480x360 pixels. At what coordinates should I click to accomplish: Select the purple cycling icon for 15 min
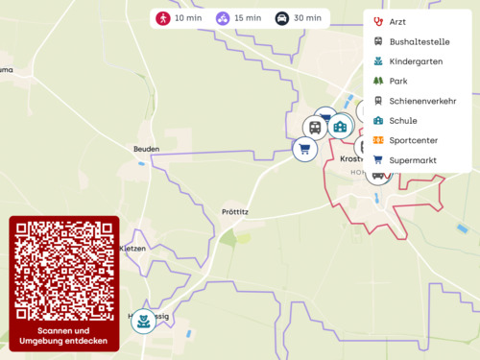(223, 18)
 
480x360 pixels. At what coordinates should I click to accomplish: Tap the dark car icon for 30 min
(282, 18)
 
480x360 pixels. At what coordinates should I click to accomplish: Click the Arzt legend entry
(397, 21)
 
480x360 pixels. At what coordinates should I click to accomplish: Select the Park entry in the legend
(397, 82)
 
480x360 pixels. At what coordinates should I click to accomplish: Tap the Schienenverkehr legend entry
(421, 101)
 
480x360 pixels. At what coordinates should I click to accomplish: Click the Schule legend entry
(402, 121)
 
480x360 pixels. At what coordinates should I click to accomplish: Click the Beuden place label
(146, 149)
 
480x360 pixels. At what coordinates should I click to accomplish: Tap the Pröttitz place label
(235, 212)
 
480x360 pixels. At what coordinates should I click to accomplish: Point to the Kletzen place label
(132, 248)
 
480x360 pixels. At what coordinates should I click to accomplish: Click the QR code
(64, 271)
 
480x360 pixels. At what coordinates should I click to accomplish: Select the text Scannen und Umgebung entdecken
(64, 336)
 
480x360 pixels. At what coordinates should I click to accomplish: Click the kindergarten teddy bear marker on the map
(144, 321)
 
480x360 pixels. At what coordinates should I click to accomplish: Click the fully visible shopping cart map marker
(304, 149)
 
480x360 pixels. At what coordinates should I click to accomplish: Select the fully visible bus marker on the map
(315, 127)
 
